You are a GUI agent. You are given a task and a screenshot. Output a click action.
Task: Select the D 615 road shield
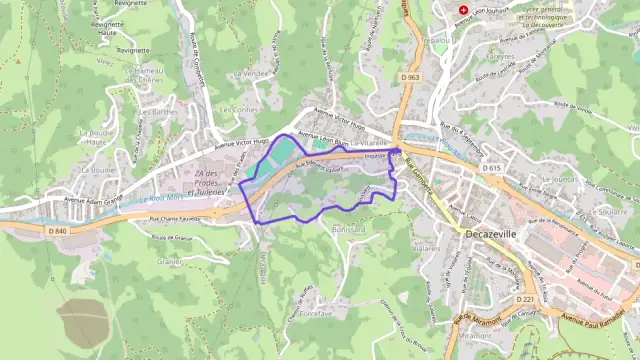point(490,168)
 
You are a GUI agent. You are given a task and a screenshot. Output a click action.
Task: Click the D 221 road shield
point(527,299)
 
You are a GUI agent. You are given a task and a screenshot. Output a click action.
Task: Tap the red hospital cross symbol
point(462,11)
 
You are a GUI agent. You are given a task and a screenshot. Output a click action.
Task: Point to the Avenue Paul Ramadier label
point(597,322)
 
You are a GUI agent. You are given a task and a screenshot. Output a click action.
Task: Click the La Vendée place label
point(249,74)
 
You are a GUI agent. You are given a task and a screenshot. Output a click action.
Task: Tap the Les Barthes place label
point(157,112)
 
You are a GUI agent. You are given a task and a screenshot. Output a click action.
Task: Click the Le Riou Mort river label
point(163,196)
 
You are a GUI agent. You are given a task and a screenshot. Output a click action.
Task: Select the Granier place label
point(169,262)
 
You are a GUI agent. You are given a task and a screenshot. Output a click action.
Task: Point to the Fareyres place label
point(500,57)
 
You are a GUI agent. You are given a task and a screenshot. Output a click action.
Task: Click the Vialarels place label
point(427,247)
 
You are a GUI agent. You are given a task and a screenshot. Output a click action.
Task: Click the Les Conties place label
point(239,109)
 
